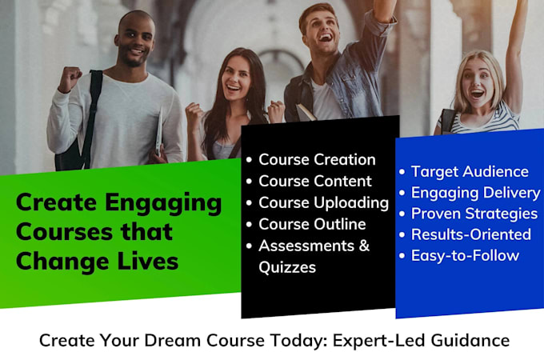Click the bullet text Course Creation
pyautogui.click(x=317, y=160)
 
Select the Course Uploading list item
pyautogui.click(x=323, y=203)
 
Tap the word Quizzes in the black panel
pyautogui.click(x=287, y=267)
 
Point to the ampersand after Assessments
pyautogui.click(x=364, y=246)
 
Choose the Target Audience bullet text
pyautogui.click(x=470, y=172)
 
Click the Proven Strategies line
pyautogui.click(x=474, y=214)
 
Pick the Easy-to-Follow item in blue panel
pyautogui.click(x=465, y=256)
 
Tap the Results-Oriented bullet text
pyautogui.click(x=470, y=234)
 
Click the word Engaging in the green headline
pyautogui.click(x=163, y=203)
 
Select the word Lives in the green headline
pyautogui.click(x=148, y=261)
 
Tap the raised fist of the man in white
pyautogui.click(x=70, y=78)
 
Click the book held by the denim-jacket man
pyautogui.click(x=306, y=112)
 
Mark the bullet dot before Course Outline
pyautogui.click(x=249, y=225)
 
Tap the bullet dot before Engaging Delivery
pyautogui.click(x=402, y=193)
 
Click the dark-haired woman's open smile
pyautogui.click(x=234, y=87)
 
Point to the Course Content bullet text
pyautogui.click(x=315, y=182)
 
